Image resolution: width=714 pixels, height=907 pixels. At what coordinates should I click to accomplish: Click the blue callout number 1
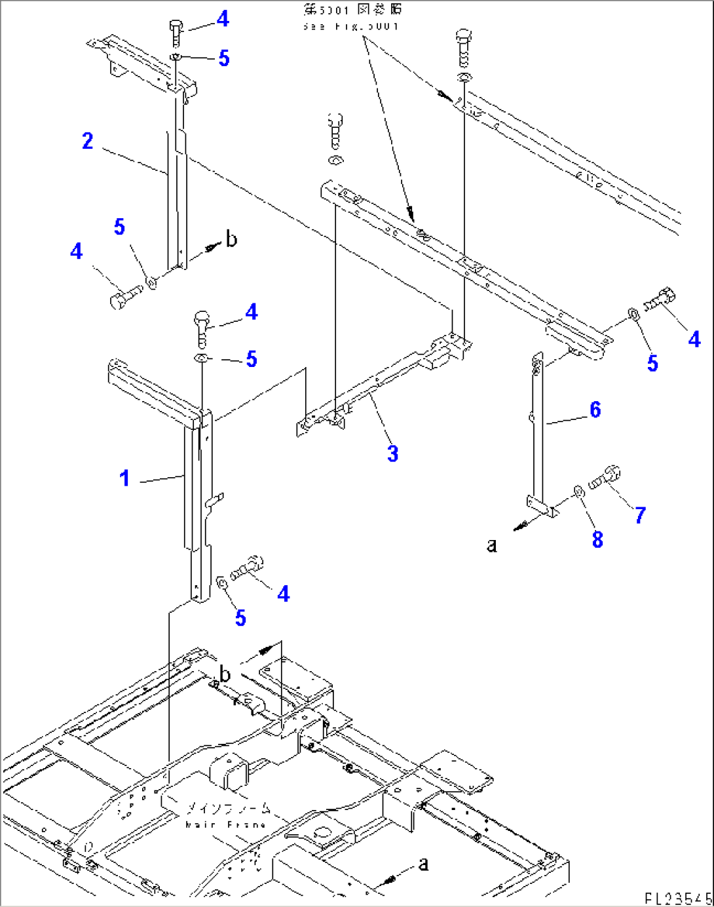124,478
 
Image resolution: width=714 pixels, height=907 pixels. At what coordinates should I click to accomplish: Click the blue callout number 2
88,141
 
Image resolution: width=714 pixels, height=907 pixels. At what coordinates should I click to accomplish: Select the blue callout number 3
392,453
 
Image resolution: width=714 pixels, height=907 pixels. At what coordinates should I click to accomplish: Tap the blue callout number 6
595,410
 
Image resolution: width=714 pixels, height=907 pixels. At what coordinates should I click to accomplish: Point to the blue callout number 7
640,515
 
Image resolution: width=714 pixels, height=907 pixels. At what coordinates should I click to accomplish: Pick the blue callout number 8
597,539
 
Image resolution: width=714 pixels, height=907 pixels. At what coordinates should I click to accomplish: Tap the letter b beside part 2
231,240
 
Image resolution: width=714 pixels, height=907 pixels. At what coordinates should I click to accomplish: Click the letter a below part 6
492,545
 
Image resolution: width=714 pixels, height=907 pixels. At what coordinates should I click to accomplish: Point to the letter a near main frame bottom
424,864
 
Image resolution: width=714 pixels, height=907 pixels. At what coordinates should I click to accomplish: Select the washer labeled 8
578,491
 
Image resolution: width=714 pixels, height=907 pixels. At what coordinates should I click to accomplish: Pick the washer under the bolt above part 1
202,358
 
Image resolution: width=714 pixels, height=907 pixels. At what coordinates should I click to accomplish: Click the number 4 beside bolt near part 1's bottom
283,594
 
